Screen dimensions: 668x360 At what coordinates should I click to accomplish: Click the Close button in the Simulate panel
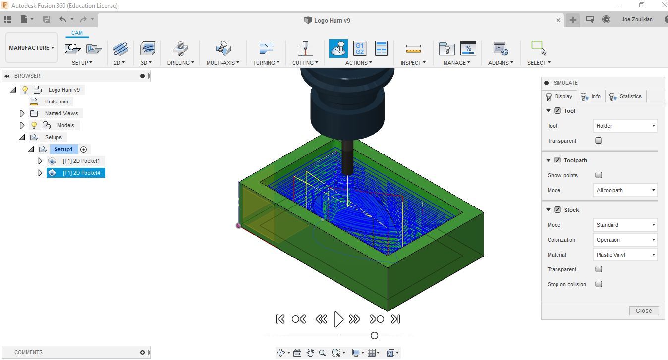point(644,311)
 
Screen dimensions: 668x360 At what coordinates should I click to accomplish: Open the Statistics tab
point(626,96)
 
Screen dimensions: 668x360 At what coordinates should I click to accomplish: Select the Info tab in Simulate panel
point(591,96)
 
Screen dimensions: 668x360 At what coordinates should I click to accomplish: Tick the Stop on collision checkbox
point(599,284)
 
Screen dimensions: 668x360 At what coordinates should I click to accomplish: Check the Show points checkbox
point(599,175)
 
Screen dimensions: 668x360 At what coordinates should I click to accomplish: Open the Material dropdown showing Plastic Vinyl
point(625,255)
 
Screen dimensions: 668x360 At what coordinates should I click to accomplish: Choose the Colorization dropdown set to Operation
point(625,240)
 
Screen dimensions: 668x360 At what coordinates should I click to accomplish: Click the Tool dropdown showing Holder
point(625,126)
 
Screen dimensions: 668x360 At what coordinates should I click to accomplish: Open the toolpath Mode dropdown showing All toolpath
point(625,190)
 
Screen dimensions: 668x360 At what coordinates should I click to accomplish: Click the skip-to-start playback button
point(280,319)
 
